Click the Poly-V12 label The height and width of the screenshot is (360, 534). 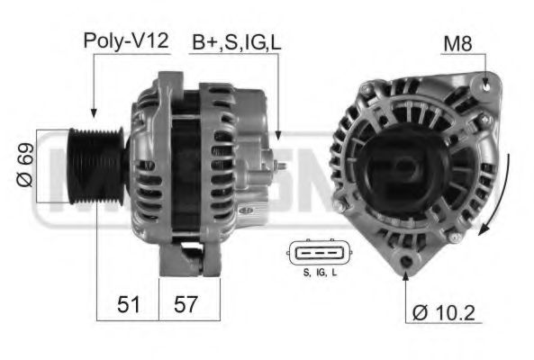click(x=126, y=40)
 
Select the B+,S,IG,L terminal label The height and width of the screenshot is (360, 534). click(x=236, y=41)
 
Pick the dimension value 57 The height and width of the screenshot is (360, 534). click(x=186, y=304)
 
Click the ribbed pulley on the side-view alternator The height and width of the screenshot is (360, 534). click(x=93, y=166)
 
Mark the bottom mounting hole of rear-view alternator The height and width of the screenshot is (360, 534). click(x=406, y=262)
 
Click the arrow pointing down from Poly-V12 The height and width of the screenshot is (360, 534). click(x=93, y=90)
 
